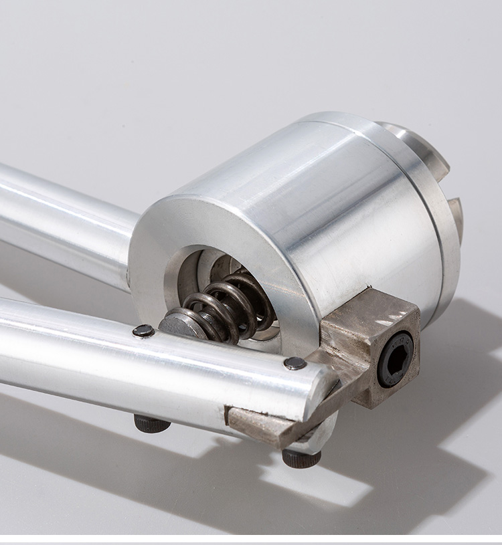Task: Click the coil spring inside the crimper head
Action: click(224, 308)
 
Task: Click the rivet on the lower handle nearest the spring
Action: click(143, 330)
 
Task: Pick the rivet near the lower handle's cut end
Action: click(295, 363)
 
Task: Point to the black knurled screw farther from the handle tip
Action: click(151, 423)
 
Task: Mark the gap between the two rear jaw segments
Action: click(450, 187)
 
